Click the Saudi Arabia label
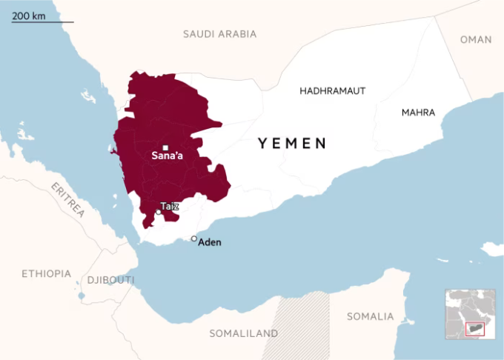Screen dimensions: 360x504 pyautogui.click(x=219, y=34)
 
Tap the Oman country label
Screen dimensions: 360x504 pyautogui.click(x=475, y=40)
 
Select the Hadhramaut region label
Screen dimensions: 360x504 pyautogui.click(x=333, y=90)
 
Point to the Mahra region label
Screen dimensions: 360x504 pyautogui.click(x=418, y=113)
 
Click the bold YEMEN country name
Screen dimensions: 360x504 pyautogui.click(x=292, y=144)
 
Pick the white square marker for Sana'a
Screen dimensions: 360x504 pyautogui.click(x=166, y=147)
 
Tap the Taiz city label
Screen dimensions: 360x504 pyautogui.click(x=170, y=206)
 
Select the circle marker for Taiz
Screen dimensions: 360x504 pyautogui.click(x=159, y=212)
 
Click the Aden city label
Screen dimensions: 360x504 pyautogui.click(x=209, y=242)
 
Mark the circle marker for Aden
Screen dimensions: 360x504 pyautogui.click(x=194, y=239)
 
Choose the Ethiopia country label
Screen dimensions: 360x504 pyautogui.click(x=46, y=273)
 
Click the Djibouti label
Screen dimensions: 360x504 pyautogui.click(x=111, y=280)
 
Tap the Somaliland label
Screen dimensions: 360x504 pyautogui.click(x=243, y=333)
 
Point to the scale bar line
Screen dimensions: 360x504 pyautogui.click(x=42, y=22)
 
